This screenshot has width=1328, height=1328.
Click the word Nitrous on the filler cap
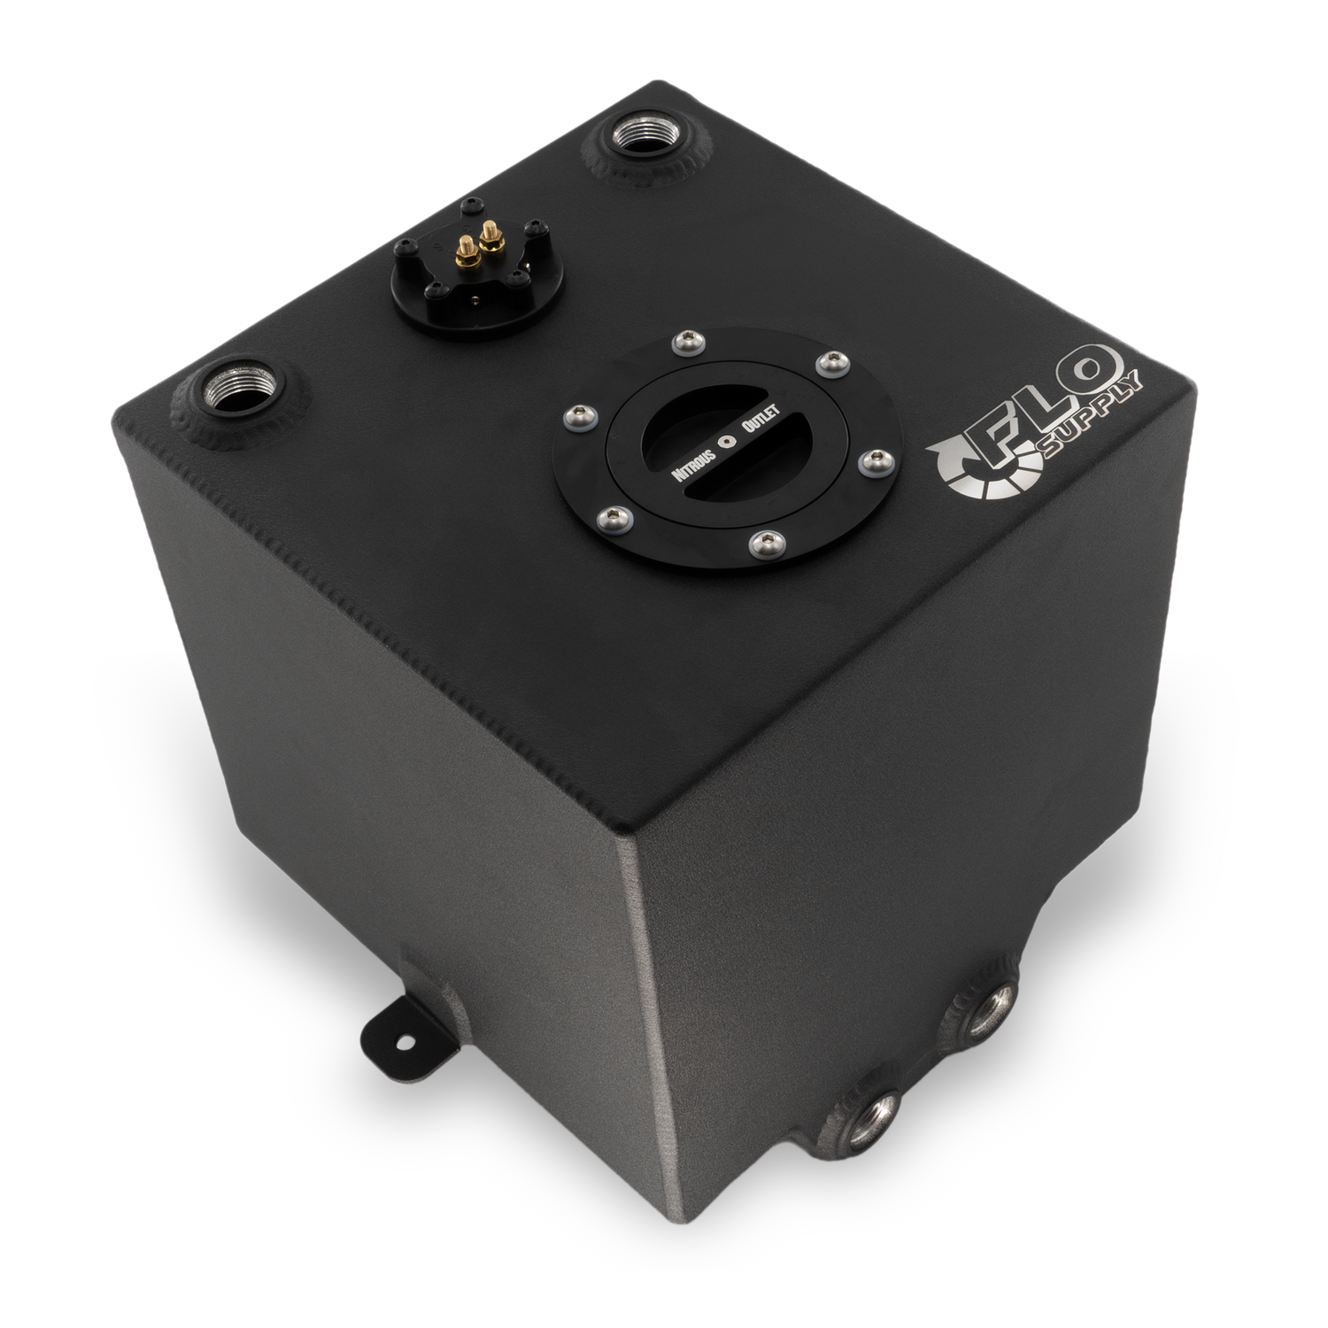pos(696,459)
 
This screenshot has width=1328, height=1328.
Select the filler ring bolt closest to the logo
pos(875,459)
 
